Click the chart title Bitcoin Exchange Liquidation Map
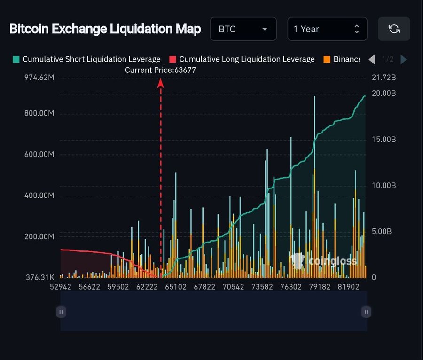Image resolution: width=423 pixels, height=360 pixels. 105,29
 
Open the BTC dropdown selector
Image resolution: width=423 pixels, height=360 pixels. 243,29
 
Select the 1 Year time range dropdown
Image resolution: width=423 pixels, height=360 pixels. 327,29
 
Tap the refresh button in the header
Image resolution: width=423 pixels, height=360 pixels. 394,29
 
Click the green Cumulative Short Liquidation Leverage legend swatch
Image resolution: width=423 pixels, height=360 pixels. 16,59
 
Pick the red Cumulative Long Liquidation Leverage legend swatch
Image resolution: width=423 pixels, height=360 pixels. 172,59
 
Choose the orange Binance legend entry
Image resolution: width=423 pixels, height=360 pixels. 342,59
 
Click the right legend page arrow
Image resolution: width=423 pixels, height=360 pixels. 404,59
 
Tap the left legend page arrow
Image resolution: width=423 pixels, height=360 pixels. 372,59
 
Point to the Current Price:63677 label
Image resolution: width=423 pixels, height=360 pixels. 160,70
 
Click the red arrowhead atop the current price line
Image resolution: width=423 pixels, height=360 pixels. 161,83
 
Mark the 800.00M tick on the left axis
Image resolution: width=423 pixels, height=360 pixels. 39,113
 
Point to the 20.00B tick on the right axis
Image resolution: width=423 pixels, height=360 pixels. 384,94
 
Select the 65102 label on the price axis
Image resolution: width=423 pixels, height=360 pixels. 176,287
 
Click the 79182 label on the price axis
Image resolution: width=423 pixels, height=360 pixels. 320,287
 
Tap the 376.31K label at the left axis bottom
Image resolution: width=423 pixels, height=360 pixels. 40,277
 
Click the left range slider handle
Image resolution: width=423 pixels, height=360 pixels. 61,312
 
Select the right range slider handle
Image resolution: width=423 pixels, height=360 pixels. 366,312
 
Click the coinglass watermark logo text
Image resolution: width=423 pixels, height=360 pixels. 333,261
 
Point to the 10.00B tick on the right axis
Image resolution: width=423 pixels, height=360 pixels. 384,186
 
